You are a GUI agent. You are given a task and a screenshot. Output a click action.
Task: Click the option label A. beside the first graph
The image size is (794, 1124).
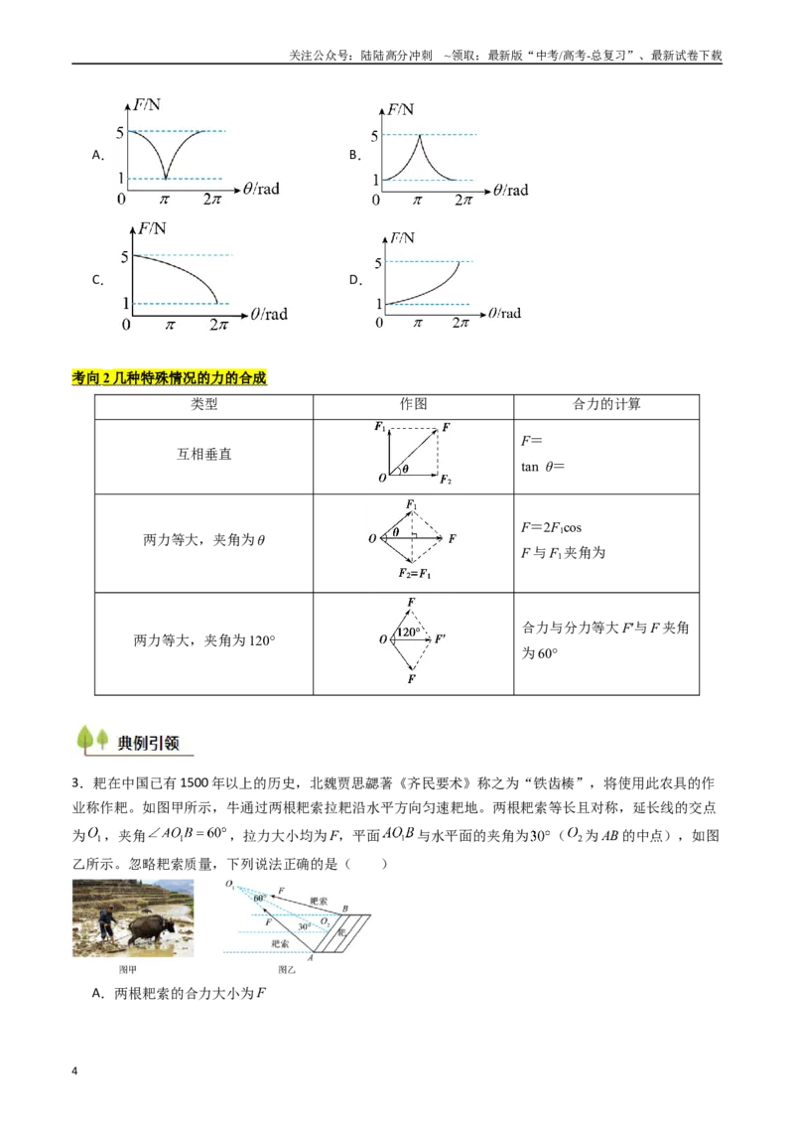click(x=98, y=155)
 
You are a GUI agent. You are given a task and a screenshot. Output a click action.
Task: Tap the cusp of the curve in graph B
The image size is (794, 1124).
click(x=419, y=135)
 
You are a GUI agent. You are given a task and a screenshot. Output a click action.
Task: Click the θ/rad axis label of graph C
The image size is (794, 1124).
click(x=269, y=314)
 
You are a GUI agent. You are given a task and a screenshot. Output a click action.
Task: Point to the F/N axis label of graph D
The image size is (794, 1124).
click(x=402, y=238)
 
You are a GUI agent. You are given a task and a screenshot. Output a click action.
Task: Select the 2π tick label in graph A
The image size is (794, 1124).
click(x=212, y=200)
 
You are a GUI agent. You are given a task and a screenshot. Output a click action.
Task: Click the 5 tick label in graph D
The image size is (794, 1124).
click(x=378, y=263)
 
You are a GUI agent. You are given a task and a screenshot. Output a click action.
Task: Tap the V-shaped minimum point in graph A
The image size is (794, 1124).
click(x=166, y=177)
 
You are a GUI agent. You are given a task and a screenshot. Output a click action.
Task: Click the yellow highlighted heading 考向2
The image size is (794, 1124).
click(x=169, y=377)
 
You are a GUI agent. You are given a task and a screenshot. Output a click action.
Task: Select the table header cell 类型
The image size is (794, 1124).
click(x=204, y=404)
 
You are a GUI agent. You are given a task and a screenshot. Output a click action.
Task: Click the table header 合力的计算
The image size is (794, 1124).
click(x=606, y=404)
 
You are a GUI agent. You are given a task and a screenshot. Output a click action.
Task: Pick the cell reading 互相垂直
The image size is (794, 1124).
click(x=204, y=455)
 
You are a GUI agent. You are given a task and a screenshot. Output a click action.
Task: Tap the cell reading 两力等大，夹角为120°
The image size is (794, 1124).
click(x=204, y=640)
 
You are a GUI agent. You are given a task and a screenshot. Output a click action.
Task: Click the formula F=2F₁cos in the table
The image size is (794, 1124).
click(x=551, y=527)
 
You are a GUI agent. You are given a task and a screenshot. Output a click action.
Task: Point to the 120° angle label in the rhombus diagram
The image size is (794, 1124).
click(x=409, y=632)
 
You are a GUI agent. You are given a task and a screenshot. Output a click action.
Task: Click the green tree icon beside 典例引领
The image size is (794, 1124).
click(x=92, y=740)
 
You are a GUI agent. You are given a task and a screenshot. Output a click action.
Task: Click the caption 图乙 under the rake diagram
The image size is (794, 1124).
click(x=287, y=970)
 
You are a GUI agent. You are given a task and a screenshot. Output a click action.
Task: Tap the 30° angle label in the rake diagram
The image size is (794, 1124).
click(x=304, y=926)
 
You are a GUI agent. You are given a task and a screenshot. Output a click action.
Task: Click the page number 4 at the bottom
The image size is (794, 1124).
click(x=74, y=1071)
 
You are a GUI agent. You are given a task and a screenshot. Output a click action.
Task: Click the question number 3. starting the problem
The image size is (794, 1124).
click(x=77, y=783)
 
